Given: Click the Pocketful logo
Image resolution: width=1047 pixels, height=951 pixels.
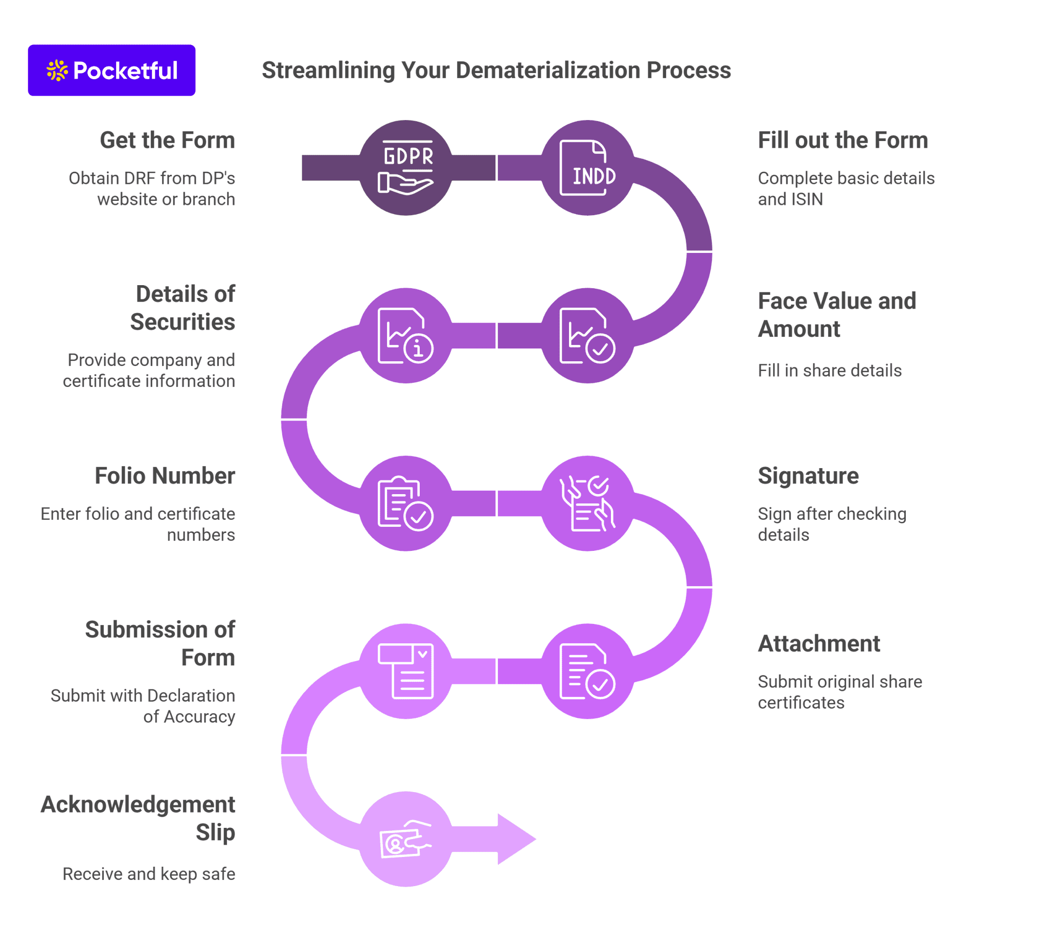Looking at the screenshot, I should point(111,70).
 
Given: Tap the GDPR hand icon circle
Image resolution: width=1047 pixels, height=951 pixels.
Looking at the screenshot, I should point(405,168).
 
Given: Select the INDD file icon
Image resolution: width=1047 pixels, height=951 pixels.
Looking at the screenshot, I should point(587,168).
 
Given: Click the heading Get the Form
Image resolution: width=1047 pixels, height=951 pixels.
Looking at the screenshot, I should point(167,140).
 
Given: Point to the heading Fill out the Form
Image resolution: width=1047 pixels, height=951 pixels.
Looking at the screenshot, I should point(842,140).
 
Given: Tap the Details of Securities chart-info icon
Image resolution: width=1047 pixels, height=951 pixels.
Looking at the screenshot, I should point(405,336).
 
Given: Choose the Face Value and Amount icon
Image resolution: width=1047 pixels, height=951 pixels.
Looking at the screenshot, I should point(587,336).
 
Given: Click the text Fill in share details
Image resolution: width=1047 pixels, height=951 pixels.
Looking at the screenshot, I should point(829,370).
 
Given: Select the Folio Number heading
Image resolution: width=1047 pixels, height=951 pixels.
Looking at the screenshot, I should point(165,475).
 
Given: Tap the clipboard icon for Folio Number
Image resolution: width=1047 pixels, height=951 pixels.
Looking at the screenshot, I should point(405,503).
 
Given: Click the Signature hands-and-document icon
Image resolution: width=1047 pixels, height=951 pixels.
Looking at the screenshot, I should point(587,503).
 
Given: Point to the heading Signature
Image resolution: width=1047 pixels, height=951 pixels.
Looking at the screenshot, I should point(808,475).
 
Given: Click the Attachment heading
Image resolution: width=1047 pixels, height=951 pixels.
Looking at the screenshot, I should point(818,644).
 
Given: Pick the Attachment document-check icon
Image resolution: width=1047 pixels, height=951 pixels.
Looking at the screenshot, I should point(587,671).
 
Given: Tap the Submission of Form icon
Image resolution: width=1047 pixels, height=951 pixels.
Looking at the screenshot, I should point(405,671).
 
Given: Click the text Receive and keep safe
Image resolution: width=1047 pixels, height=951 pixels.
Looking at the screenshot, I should point(149,874).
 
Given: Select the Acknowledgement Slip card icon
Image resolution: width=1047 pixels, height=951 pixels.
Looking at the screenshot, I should point(405,839).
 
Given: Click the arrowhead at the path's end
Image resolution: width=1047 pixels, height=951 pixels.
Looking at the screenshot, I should point(514,839).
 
